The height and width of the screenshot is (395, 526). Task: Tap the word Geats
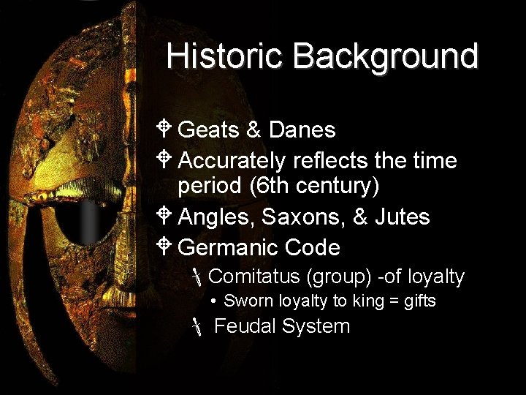[209, 130]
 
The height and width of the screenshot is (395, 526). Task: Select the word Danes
[302, 130]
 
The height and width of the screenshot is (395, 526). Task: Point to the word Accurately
[232, 159]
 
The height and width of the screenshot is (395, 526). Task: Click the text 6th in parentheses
[274, 187]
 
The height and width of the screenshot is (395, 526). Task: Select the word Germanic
[227, 247]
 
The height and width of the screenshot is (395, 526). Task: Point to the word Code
[313, 247]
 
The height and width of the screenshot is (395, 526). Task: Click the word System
[315, 326]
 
